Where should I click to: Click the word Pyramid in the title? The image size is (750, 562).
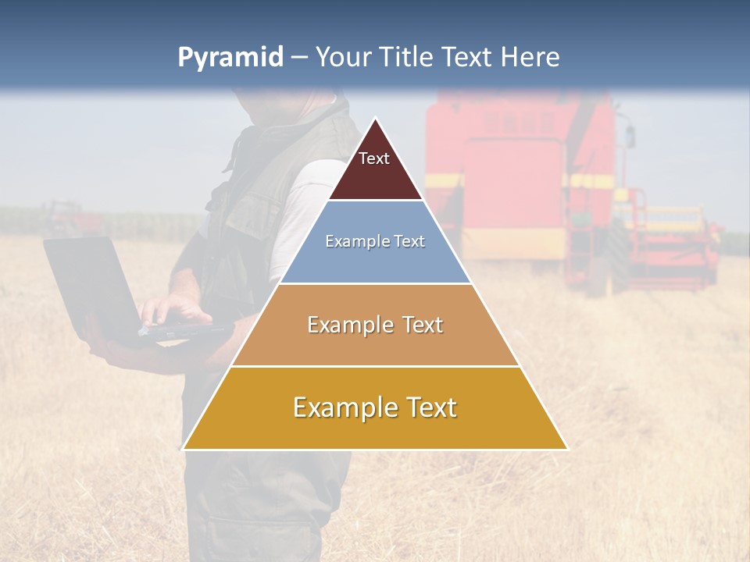[x=230, y=58]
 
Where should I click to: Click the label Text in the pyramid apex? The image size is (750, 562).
[x=373, y=158]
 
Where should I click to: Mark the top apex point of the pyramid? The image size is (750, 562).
[x=376, y=119]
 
